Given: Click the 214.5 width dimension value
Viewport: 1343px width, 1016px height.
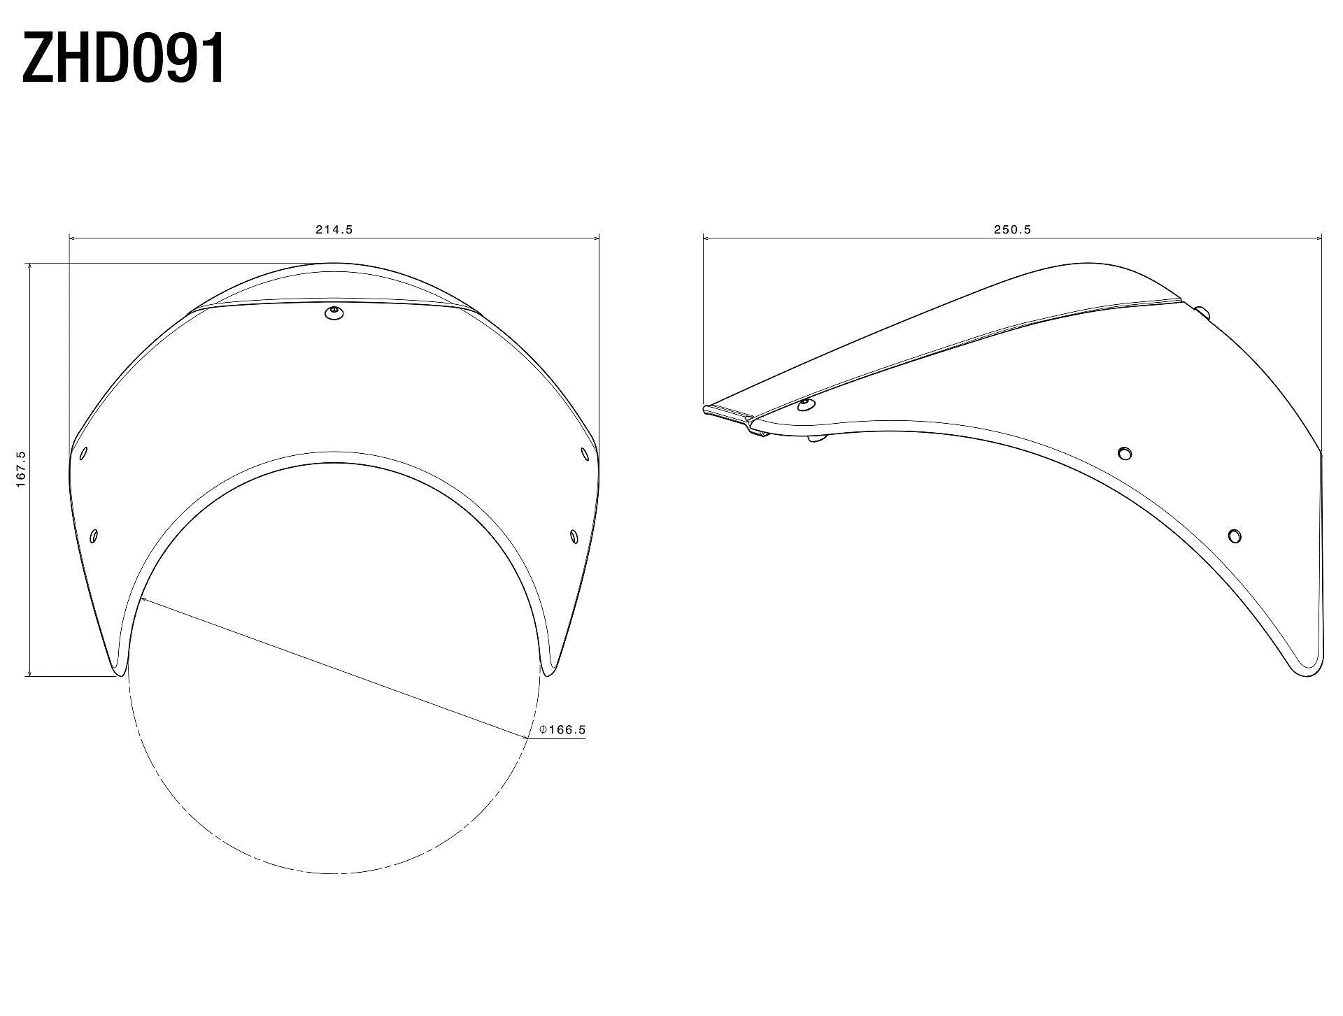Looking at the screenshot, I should click(334, 229).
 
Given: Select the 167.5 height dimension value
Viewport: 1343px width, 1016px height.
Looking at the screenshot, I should click(21, 469).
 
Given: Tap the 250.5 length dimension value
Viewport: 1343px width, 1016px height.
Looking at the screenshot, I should click(1013, 229).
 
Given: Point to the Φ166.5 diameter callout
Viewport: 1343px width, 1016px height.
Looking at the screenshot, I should click(562, 730).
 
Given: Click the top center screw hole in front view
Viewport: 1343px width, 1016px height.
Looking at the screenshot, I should click(335, 313).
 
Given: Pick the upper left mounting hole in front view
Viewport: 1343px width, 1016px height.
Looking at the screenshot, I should click(84, 453).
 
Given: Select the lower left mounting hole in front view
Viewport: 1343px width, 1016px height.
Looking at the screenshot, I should click(94, 536).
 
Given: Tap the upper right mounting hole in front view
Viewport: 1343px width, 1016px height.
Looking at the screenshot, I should click(585, 454).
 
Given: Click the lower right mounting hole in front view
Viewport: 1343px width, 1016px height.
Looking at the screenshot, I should click(574, 536).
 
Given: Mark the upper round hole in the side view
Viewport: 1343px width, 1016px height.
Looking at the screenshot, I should click(1125, 453).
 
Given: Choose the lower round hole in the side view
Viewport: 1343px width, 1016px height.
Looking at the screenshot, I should click(1235, 536).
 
